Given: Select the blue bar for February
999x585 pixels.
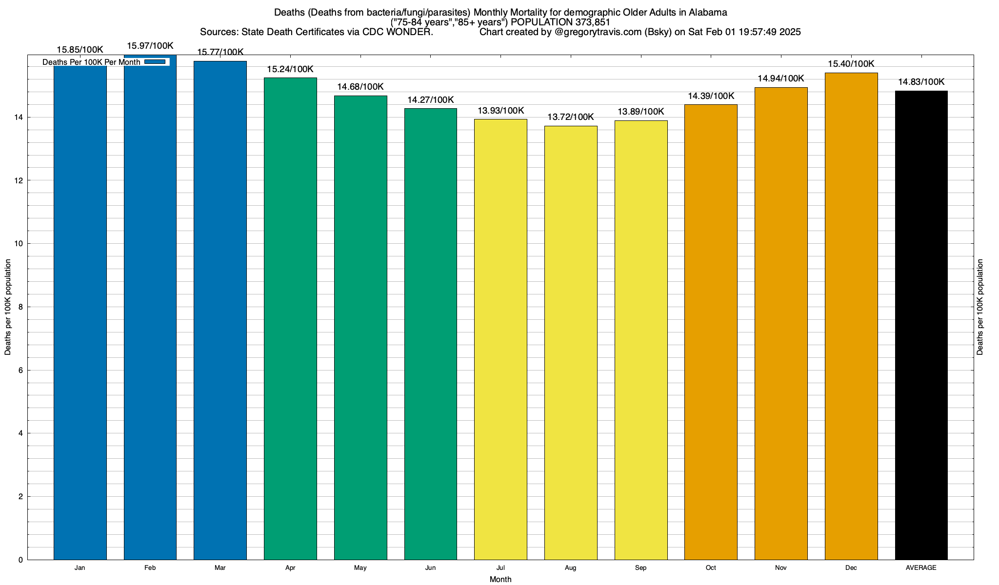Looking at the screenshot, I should pos(150,312).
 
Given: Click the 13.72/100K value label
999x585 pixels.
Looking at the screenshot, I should pos(571,117).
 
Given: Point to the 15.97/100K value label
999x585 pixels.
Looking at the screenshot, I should pos(150,46).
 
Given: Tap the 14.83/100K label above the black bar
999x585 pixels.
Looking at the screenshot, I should pos(921,82).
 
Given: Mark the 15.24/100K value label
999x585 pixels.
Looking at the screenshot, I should pos(290,69).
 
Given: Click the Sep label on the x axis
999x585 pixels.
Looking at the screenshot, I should pos(641,568).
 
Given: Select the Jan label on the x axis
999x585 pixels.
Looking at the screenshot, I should pos(80,568).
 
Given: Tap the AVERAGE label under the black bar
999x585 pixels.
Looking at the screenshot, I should pos(921,568).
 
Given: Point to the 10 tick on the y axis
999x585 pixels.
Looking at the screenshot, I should pos(20,244).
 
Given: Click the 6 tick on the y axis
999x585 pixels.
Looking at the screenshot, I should pos(20,370).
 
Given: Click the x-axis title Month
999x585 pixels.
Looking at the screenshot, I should pos(500,579).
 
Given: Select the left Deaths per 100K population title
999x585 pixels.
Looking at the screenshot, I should pos(8,307).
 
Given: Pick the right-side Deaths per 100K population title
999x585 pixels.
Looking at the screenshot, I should pos(980,307).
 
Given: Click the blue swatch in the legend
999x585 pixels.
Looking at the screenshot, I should pos(155,62).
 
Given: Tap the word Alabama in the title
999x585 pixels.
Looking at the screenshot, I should pos(707,12).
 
